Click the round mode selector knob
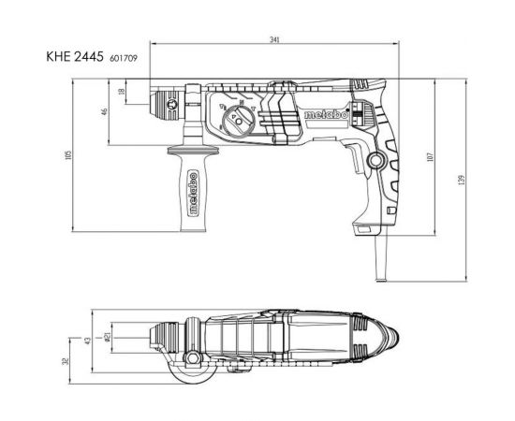click(x=236, y=122)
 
